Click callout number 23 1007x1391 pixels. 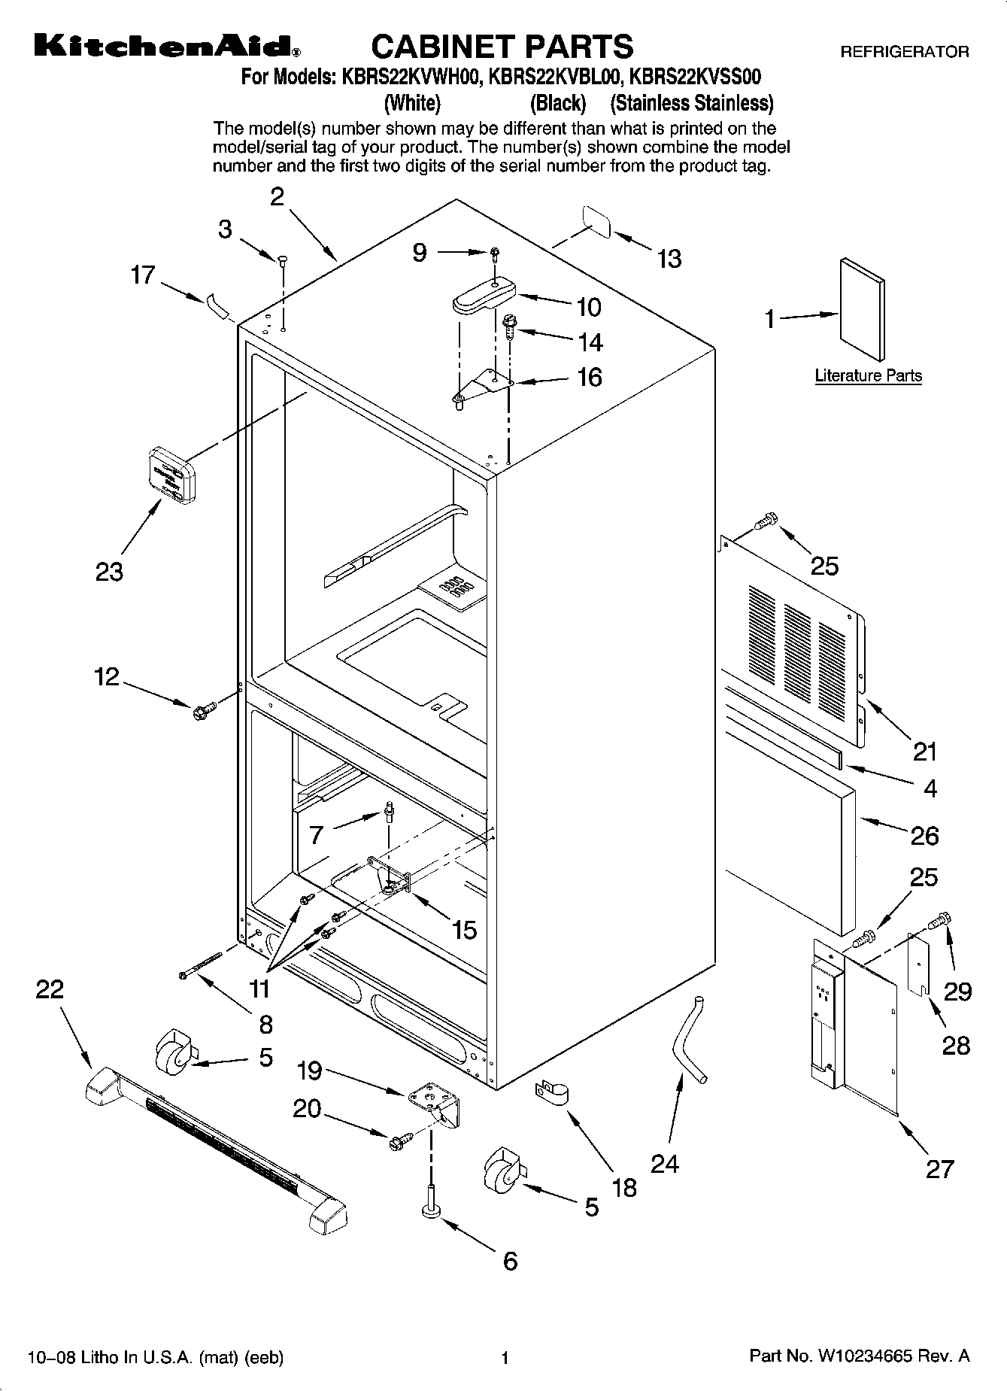109,572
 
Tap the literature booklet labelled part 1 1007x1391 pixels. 862,309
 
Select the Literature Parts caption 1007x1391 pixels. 868,375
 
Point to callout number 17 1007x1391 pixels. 142,275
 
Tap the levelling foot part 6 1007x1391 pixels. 432,1206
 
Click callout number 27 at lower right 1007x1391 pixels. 939,1168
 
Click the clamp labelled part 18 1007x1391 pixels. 551,1092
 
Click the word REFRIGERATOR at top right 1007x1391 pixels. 904,52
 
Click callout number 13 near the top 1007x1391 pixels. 669,259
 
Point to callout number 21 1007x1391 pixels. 925,751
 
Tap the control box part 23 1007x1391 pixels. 172,474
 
